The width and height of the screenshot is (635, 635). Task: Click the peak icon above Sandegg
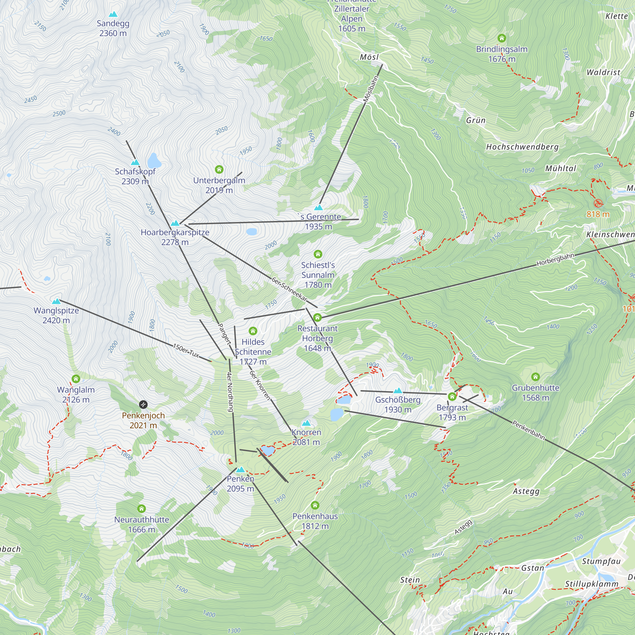(x=113, y=14)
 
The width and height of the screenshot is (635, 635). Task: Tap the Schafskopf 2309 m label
(x=135, y=176)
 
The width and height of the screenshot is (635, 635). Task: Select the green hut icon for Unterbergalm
(x=219, y=170)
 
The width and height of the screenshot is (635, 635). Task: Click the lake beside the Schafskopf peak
(x=154, y=161)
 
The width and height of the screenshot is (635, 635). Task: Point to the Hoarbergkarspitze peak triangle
(x=175, y=223)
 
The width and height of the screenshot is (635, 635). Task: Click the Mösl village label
(x=370, y=57)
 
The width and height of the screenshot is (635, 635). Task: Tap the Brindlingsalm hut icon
(x=502, y=38)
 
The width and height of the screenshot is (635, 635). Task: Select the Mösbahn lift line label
(x=371, y=89)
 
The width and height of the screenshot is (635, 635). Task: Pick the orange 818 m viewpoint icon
(x=598, y=203)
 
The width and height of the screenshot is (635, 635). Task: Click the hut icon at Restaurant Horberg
(x=317, y=317)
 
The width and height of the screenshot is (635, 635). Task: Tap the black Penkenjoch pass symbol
(x=143, y=404)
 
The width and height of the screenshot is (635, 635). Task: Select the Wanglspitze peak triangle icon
(x=56, y=301)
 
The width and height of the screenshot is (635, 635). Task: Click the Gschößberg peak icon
(x=398, y=391)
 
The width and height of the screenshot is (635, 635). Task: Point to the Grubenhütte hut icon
(x=535, y=377)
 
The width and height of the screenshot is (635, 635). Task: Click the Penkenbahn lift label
(x=528, y=430)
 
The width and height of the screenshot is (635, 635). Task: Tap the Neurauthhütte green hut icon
(x=141, y=509)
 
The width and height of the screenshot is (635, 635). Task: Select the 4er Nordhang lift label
(x=231, y=392)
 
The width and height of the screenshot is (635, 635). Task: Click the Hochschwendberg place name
(x=522, y=147)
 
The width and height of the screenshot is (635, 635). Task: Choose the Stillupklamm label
(x=592, y=584)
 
